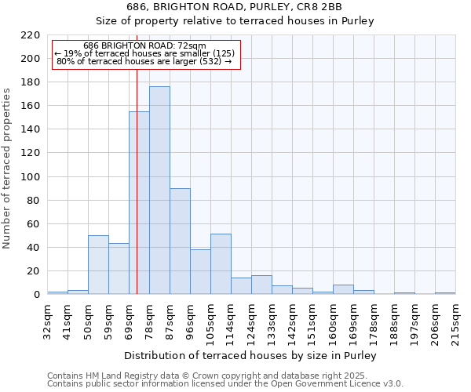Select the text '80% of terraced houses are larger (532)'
point(144,60)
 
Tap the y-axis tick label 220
point(31,35)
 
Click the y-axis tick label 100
point(31,177)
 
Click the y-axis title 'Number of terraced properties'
point(7,169)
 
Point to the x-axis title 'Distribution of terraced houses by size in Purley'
point(250,355)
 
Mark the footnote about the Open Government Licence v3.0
point(225,384)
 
